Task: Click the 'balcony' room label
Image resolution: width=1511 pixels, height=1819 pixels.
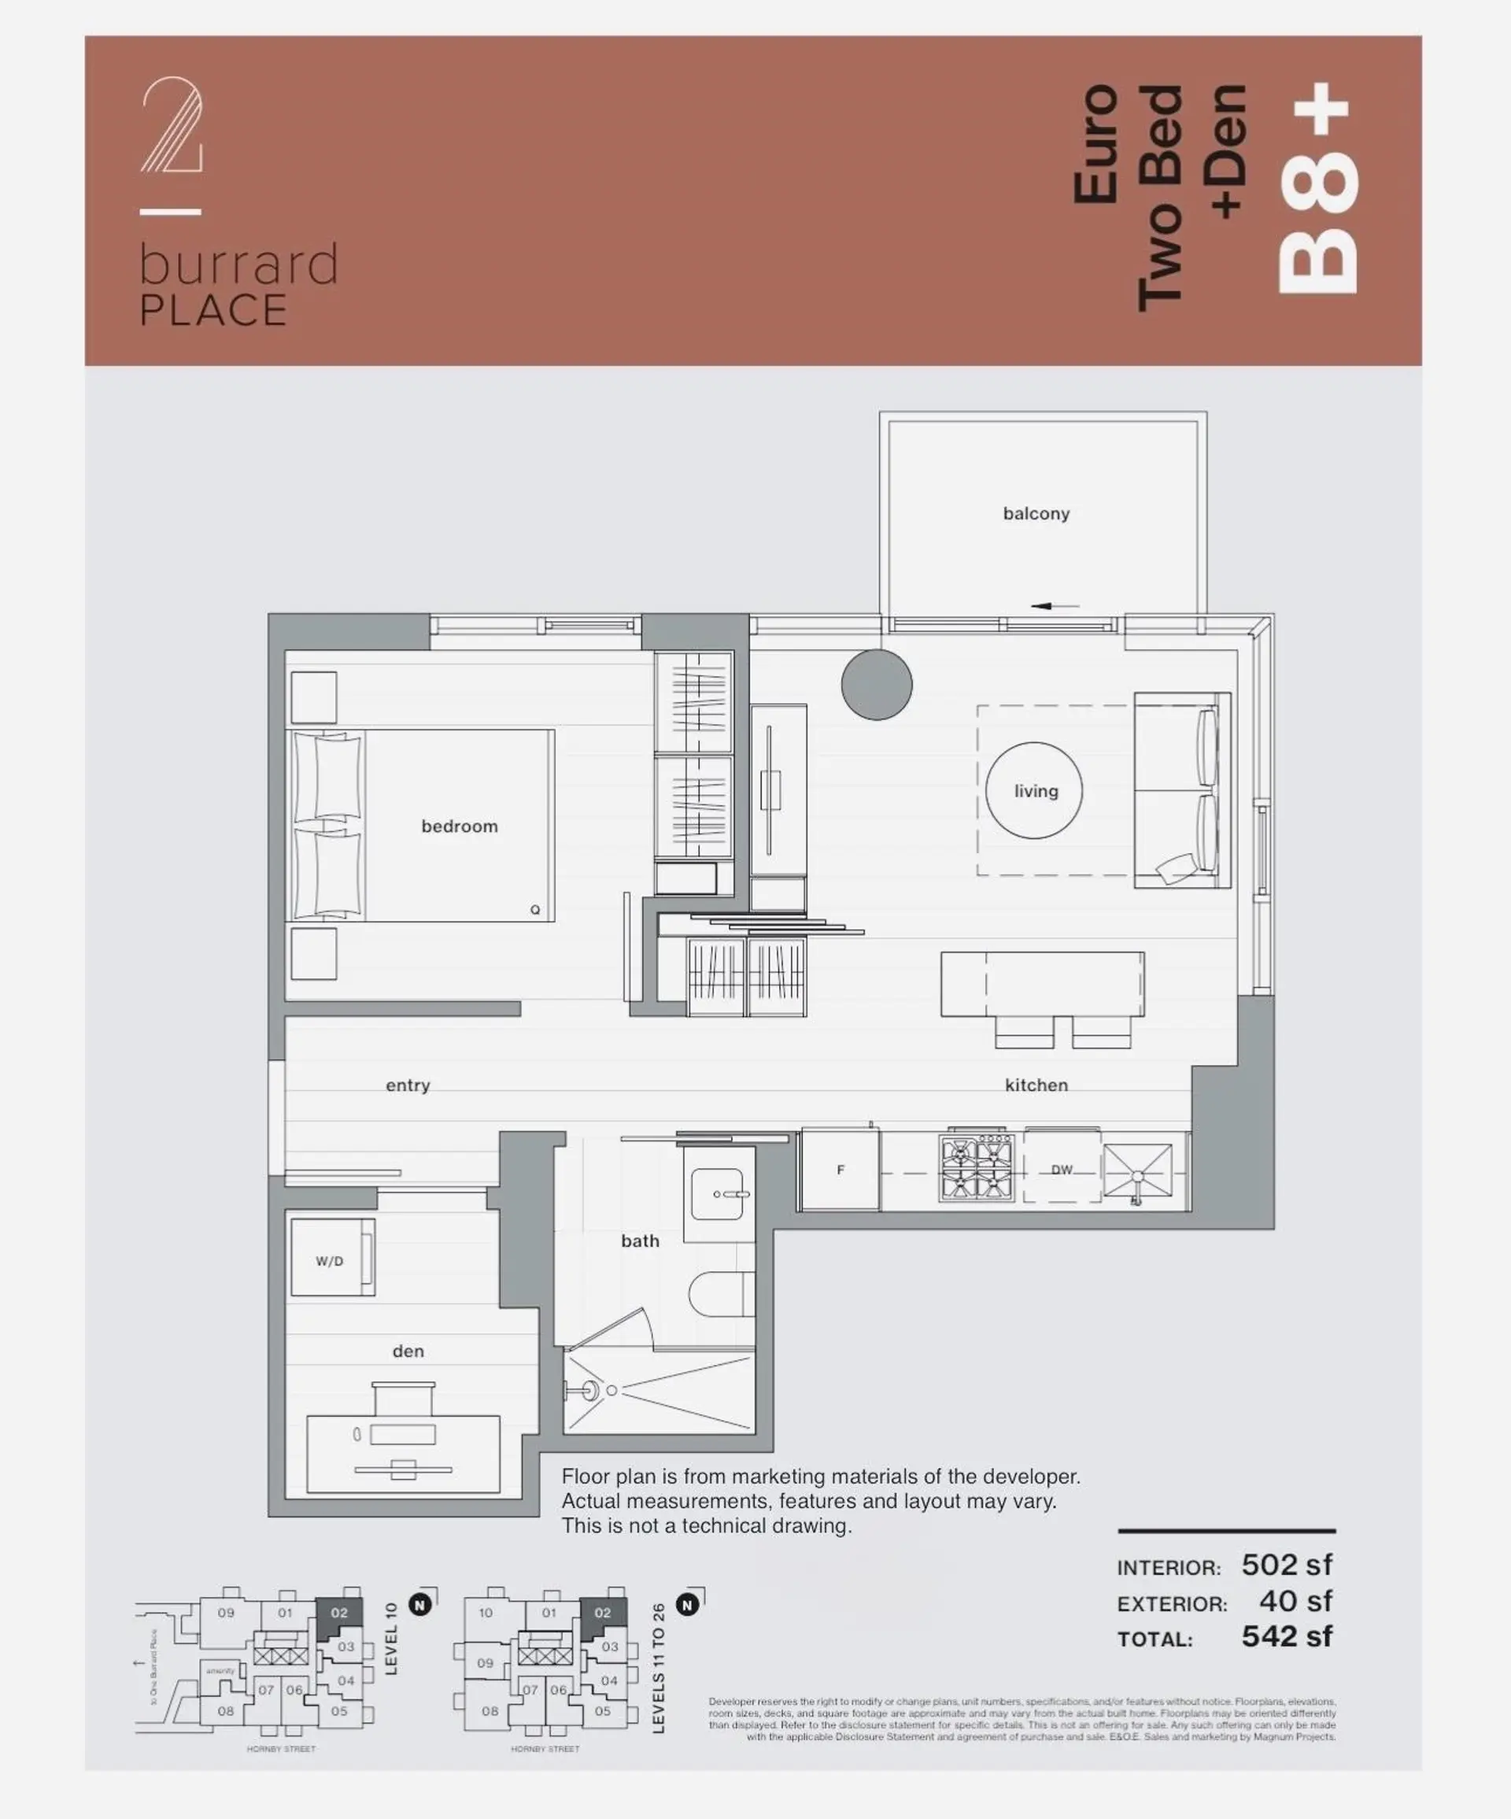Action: (1036, 514)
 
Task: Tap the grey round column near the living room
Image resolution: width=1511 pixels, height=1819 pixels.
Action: (876, 684)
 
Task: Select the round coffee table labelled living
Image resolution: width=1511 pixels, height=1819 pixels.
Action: (1034, 790)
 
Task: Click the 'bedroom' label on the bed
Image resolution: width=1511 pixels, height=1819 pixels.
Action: (459, 826)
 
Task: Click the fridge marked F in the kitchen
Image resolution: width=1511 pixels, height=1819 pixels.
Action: (840, 1170)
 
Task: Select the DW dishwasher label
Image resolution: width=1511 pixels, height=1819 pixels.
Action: (1062, 1170)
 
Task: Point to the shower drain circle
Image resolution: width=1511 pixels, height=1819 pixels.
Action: (611, 1390)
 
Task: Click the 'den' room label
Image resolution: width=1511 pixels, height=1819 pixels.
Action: (408, 1351)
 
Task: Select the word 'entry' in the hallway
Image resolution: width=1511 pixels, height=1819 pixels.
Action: (407, 1085)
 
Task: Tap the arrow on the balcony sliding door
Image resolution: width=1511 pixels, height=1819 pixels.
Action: (1055, 606)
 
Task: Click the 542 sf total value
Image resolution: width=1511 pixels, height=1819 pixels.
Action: (1286, 1636)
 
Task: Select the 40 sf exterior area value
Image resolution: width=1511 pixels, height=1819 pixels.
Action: (1295, 1601)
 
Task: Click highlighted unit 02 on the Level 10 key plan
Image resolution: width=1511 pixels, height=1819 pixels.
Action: (338, 1613)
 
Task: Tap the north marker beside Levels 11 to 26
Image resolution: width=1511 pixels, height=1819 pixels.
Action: (688, 1605)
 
